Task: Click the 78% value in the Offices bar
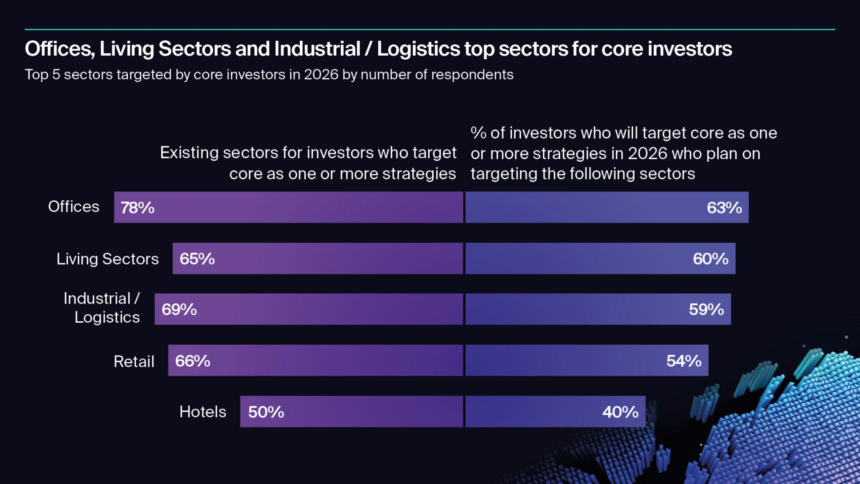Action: click(137, 208)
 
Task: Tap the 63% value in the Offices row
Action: click(724, 208)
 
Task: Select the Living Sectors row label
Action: click(107, 259)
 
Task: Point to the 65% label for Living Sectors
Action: click(197, 259)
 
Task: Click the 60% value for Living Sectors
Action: click(711, 259)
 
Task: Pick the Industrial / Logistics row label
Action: click(102, 308)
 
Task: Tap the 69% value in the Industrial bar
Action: click(179, 310)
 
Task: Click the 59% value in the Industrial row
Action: click(706, 310)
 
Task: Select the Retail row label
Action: click(134, 362)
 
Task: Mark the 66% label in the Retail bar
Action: click(192, 361)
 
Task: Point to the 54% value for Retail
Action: click(684, 361)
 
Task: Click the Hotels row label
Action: click(203, 412)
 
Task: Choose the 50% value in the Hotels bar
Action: click(266, 412)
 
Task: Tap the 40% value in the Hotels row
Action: click(620, 412)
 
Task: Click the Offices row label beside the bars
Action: click(74, 206)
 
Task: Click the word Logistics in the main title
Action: click(418, 49)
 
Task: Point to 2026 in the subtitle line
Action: click(321, 75)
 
